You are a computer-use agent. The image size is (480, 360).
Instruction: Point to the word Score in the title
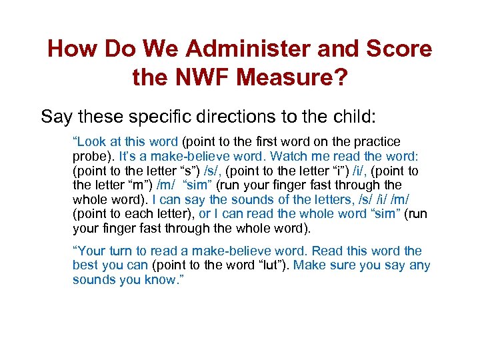tap(398, 49)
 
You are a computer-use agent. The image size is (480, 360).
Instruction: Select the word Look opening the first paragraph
tap(91, 142)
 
